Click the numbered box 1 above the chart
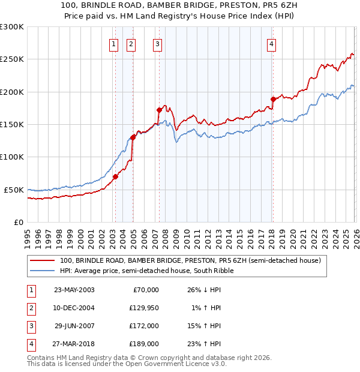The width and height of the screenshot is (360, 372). click(113, 43)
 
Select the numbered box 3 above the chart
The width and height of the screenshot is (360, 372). click(157, 43)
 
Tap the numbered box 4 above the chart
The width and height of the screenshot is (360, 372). click(272, 43)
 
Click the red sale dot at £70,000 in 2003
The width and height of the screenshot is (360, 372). click(115, 176)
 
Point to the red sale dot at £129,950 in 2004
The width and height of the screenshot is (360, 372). click(133, 137)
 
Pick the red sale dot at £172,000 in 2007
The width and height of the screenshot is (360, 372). click(159, 110)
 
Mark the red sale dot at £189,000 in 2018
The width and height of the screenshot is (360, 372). click(273, 99)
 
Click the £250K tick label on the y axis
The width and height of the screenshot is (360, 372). click(12, 59)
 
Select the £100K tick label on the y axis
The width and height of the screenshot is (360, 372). click(12, 157)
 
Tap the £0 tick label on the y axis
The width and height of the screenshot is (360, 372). click(18, 222)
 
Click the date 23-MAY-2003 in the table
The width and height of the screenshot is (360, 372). click(74, 290)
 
